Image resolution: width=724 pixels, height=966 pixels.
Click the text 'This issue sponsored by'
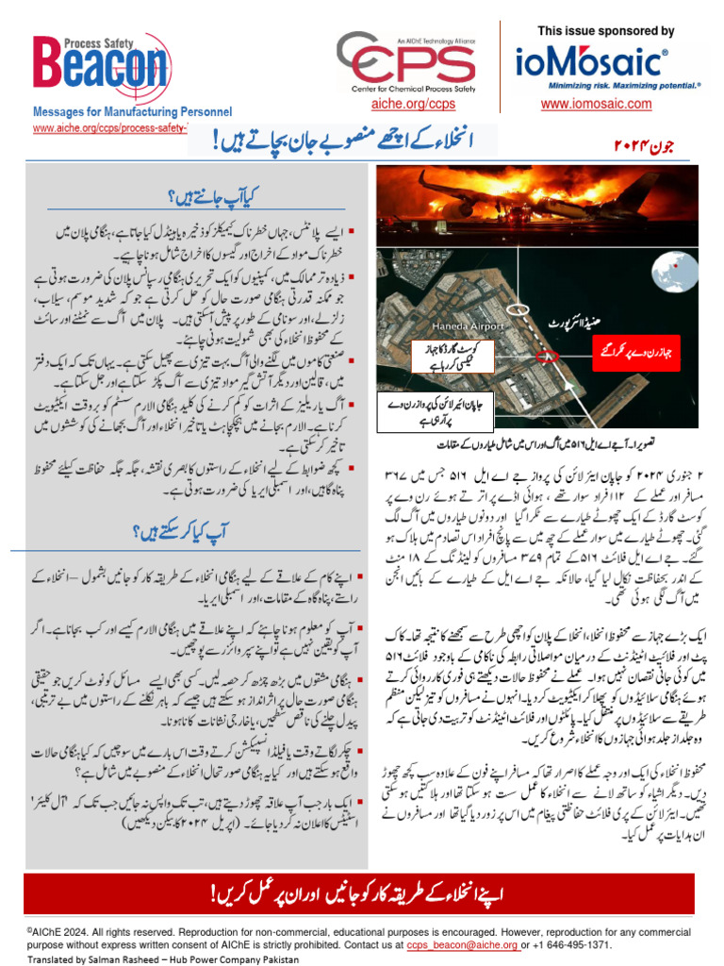point(606,31)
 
